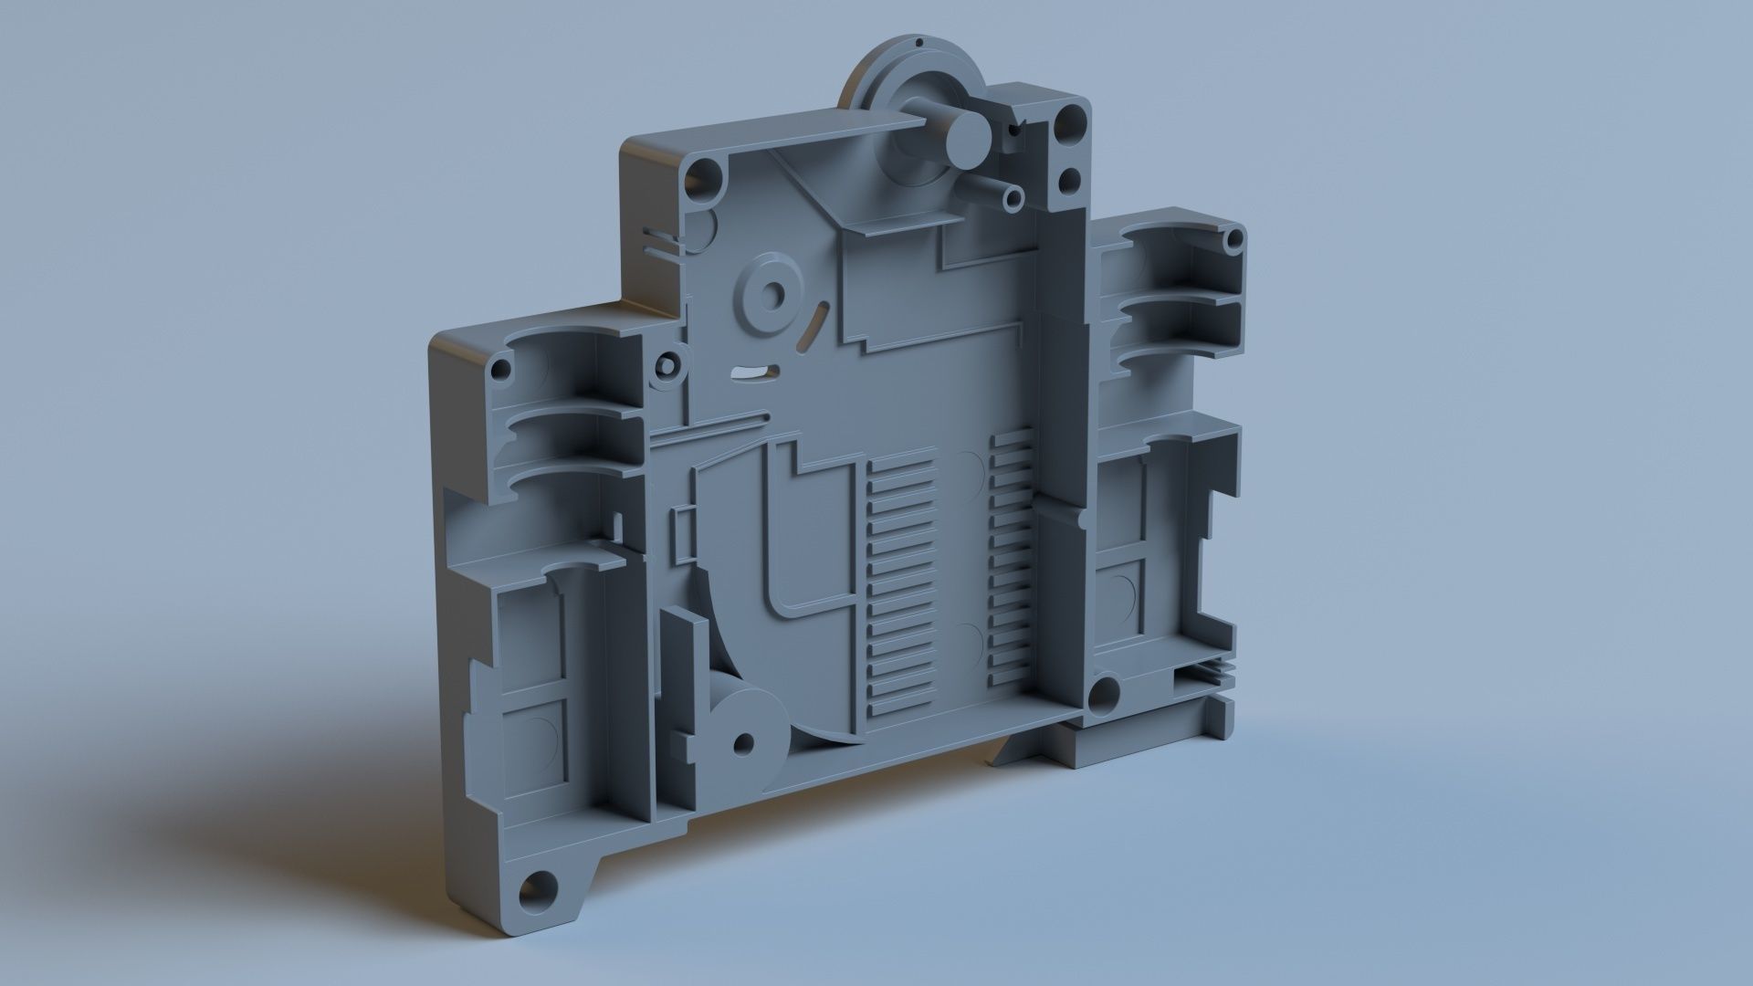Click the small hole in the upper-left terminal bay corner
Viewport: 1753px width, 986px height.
[x=499, y=371]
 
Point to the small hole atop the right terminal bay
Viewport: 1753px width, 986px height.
[x=1234, y=240]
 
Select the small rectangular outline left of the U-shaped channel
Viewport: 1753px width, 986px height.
[x=681, y=533]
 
